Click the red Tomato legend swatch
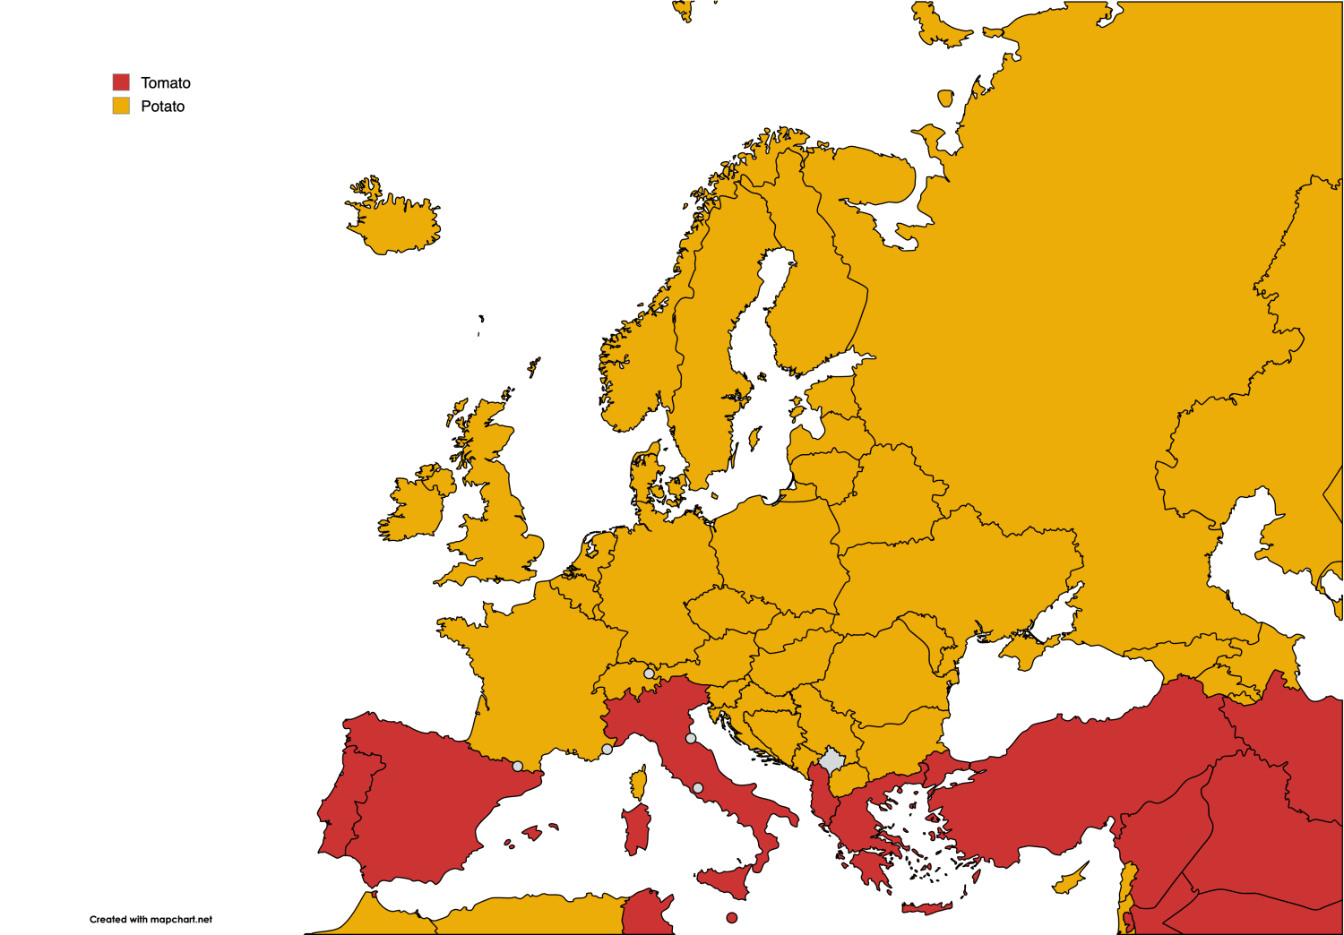tap(121, 82)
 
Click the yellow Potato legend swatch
tap(121, 106)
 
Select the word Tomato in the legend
tap(166, 82)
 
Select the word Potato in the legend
tap(163, 106)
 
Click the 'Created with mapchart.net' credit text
tap(151, 919)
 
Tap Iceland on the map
tap(394, 224)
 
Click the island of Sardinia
tap(636, 828)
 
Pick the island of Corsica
tap(638, 783)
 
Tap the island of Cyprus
tap(1070, 879)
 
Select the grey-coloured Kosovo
tap(831, 761)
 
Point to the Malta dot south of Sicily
tap(732, 917)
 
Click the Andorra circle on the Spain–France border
tap(518, 766)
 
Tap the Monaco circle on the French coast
tap(607, 749)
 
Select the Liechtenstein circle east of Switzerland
tap(649, 673)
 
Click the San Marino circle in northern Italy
tap(691, 738)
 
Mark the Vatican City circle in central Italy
tap(698, 788)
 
